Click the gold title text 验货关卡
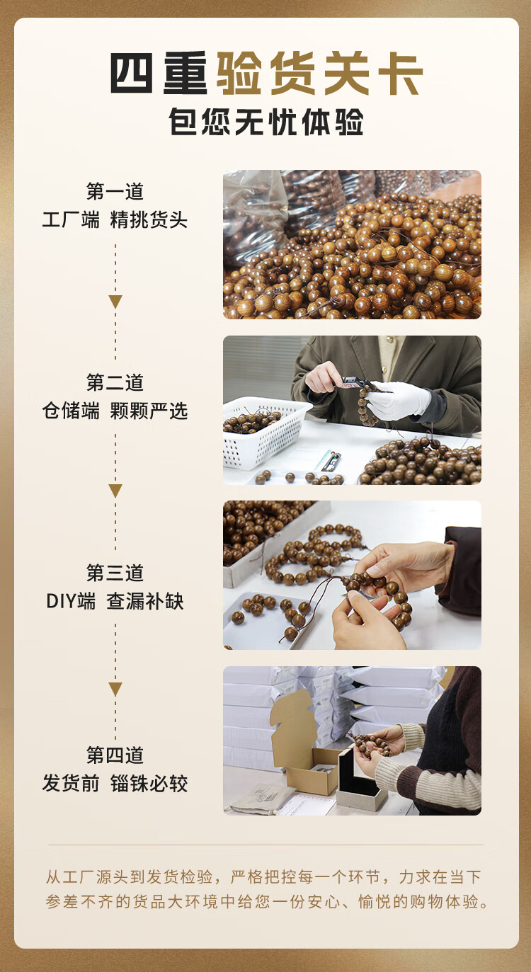coord(320,73)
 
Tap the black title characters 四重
coord(159,73)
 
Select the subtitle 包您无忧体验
coord(266,122)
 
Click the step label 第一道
coord(115,191)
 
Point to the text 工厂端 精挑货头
coord(115,219)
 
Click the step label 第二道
coord(115,382)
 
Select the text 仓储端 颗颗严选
coord(115,411)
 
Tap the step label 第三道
coord(115,573)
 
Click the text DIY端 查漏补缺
coord(115,602)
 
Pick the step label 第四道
coord(115,755)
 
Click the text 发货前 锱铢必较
coord(115,783)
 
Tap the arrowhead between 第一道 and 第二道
coord(115,301)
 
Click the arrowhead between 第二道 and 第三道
coord(115,491)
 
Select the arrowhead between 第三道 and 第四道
coord(115,689)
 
